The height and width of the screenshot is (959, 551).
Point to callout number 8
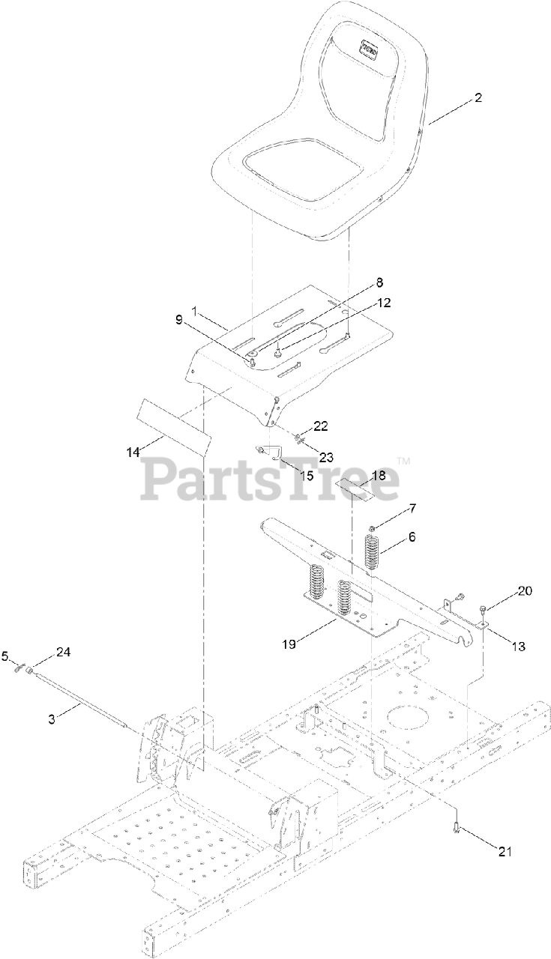(x=379, y=282)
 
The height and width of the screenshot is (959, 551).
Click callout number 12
(x=384, y=303)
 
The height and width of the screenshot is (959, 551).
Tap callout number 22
(x=321, y=426)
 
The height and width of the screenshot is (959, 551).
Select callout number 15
(x=307, y=475)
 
